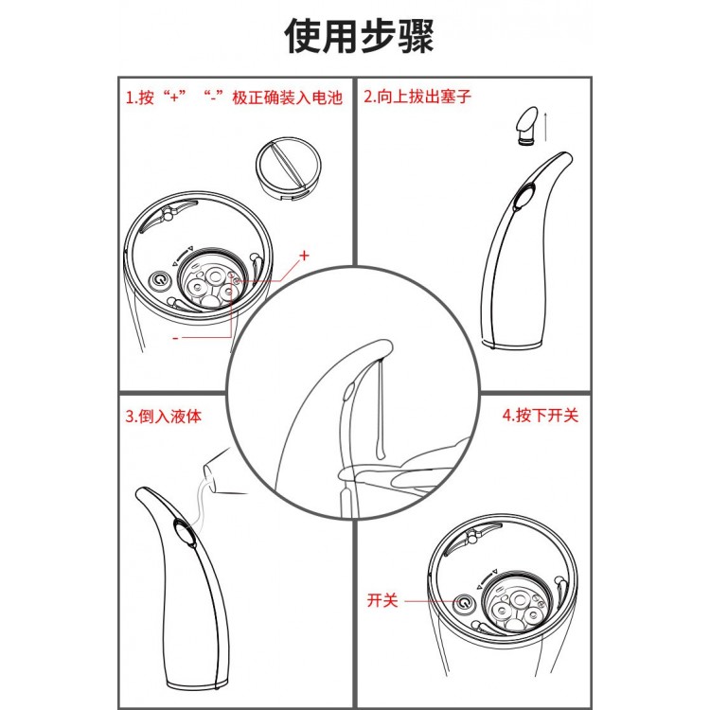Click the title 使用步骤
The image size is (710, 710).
(359, 37)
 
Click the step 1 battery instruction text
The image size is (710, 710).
(234, 98)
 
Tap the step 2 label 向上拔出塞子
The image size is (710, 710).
(417, 96)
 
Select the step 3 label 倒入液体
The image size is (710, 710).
(163, 416)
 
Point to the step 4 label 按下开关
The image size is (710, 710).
(541, 415)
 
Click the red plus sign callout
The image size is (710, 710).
(304, 256)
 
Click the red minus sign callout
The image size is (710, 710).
(176, 338)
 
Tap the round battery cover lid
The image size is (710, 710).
(289, 167)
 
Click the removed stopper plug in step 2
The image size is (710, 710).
(527, 125)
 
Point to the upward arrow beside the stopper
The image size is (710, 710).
(546, 126)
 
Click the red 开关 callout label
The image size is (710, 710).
(382, 600)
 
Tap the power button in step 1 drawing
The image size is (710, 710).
(160, 280)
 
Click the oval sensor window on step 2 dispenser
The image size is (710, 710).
(524, 196)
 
